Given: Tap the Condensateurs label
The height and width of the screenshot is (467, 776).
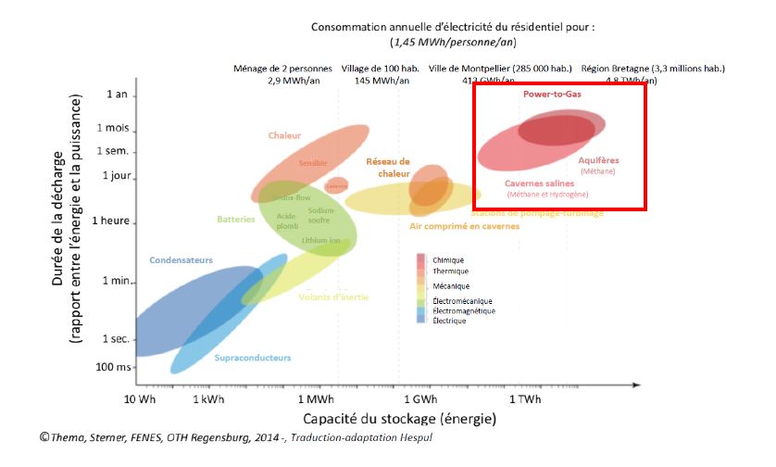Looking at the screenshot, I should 181,260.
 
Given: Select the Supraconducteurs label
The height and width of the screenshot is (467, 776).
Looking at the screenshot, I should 253,358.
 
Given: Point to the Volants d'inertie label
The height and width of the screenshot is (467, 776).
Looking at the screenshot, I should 333,297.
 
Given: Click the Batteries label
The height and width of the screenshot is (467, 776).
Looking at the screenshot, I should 236,220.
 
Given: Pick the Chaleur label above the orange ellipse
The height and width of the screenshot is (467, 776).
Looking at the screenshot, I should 284,135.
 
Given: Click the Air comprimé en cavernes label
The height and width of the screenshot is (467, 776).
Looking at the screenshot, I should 464,225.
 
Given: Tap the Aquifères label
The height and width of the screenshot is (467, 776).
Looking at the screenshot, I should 597,160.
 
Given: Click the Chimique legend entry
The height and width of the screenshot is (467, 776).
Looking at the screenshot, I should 448,260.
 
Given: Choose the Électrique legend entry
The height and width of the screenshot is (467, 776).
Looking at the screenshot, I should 449,321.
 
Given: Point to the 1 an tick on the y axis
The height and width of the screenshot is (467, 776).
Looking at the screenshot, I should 117,95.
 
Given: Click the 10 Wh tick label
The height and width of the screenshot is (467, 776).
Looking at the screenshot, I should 140,399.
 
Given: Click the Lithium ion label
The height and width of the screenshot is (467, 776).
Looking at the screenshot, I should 320,241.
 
